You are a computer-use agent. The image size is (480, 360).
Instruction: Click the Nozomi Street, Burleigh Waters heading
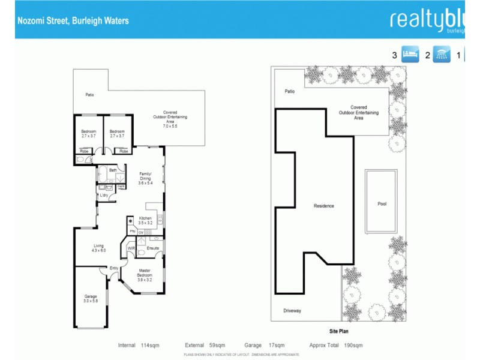click(72, 20)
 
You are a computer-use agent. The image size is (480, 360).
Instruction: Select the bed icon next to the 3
click(410, 55)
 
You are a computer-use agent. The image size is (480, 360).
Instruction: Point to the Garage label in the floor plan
click(91, 299)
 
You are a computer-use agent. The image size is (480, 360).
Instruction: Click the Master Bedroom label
click(145, 273)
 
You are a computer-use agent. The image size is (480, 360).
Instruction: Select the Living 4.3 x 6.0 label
click(99, 247)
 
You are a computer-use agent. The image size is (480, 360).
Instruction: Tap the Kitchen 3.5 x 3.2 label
click(145, 220)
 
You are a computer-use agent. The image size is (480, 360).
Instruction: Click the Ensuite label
click(152, 247)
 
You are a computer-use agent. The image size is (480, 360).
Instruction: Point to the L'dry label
click(104, 195)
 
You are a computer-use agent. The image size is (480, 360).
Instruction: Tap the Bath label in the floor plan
click(112, 170)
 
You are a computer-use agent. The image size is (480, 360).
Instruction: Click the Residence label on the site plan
click(324, 206)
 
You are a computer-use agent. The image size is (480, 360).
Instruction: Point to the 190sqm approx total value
click(354, 346)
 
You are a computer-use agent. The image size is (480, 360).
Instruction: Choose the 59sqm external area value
click(217, 346)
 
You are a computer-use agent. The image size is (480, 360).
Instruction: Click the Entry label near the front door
click(113, 268)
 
